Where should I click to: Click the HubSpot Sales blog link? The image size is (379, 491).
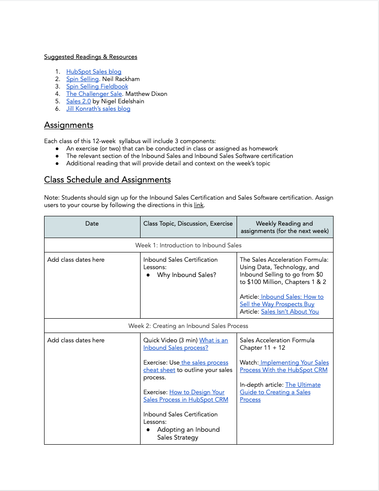pyautogui.click(x=94, y=71)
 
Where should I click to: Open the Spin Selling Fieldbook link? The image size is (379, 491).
pyautogui.click(x=97, y=86)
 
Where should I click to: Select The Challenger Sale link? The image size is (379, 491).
pyautogui.click(x=94, y=94)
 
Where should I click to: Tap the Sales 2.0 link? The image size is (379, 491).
pyautogui.click(x=78, y=101)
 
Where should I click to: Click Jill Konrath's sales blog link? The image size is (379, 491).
pyautogui.click(x=98, y=108)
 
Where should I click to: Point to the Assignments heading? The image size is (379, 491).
pyautogui.click(x=69, y=125)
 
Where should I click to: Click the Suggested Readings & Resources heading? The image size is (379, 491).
pyautogui.click(x=90, y=57)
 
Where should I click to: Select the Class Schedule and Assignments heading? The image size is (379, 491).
pyautogui.click(x=107, y=180)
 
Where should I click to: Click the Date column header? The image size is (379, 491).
pyautogui.click(x=92, y=223)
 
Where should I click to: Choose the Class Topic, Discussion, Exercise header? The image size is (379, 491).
pyautogui.click(x=188, y=223)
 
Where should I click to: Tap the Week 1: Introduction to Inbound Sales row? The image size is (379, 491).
pyautogui.click(x=188, y=245)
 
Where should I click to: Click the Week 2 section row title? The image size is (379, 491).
pyautogui.click(x=188, y=326)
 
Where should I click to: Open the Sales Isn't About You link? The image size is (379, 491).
pyautogui.click(x=290, y=311)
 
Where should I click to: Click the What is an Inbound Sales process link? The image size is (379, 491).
pyautogui.click(x=186, y=344)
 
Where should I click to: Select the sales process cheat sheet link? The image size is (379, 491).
pyautogui.click(x=186, y=366)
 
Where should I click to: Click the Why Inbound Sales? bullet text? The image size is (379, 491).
pyautogui.click(x=186, y=275)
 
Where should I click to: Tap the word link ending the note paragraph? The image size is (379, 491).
pyautogui.click(x=199, y=205)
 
